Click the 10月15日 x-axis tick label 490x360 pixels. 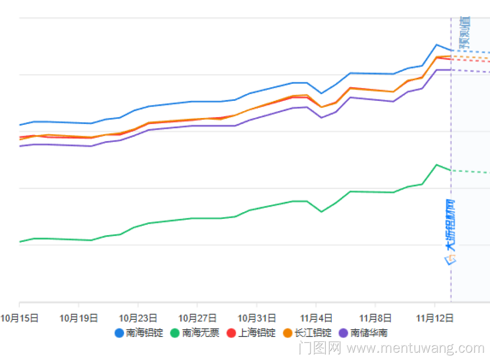pos(20,318)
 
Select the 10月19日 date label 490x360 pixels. pos(78,318)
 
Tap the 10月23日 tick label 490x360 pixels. pos(138,318)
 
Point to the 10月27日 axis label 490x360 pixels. pos(196,318)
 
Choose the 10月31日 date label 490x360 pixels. pos(255,318)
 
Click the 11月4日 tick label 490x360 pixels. pos(316,318)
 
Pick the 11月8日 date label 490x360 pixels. pos(375,318)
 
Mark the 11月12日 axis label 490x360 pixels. pos(434,318)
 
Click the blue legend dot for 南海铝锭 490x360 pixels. pos(119,333)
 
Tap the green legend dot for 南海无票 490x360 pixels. pos(175,333)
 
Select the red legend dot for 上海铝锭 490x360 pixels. pos(232,333)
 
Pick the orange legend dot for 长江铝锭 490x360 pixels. pos(288,333)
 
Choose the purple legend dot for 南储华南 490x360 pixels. pos(344,333)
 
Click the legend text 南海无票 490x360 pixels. pos(201,333)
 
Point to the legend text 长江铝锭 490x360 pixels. pos(313,333)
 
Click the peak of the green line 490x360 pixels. pos(436,165)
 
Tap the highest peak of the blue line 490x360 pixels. pos(436,45)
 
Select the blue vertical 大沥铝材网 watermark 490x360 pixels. pos(450,230)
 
